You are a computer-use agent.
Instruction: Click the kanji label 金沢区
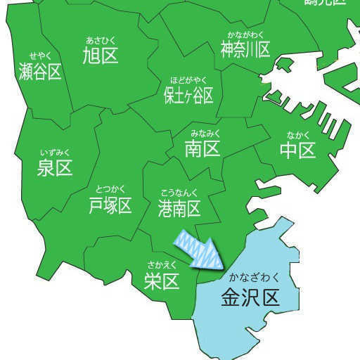point(250,297)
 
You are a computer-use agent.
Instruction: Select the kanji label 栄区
point(162,281)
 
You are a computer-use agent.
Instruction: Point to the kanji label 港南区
point(179,207)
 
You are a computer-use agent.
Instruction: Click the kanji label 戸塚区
point(110,205)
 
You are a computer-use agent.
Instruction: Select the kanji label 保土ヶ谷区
point(188,95)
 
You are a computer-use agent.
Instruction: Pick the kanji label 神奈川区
point(245,49)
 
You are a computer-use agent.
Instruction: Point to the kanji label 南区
point(202,148)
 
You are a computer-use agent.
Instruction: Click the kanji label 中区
point(297,149)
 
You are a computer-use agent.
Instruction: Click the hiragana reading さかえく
point(162,264)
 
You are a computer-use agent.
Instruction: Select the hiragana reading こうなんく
point(179,192)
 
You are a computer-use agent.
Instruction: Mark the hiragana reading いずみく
point(55,152)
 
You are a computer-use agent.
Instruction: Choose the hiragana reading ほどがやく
point(188,79)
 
